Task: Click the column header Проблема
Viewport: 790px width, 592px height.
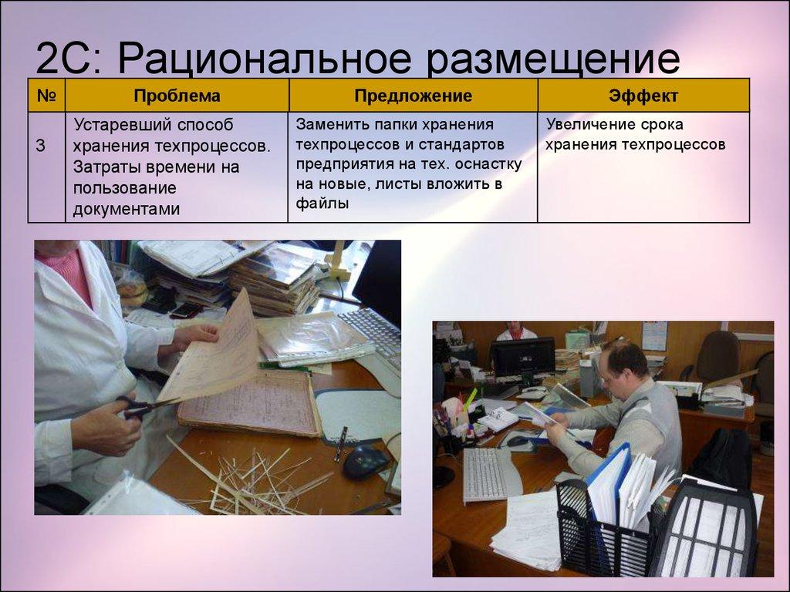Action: point(177,96)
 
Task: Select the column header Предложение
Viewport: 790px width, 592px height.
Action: point(413,96)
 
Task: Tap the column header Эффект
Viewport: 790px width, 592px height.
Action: point(643,96)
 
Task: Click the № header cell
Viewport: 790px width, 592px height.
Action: point(46,96)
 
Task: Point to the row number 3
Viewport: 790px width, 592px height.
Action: point(40,146)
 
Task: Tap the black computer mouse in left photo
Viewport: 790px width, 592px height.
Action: point(364,462)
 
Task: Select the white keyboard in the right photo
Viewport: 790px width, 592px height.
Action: point(484,473)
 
